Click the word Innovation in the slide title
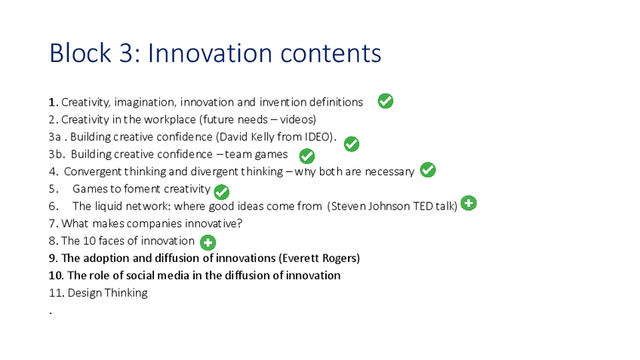pos(210,53)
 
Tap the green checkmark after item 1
pos(386,101)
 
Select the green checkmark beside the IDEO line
pos(352,143)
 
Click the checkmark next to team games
pos(307,155)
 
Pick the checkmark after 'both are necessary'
pos(428,170)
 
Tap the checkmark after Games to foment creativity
pos(222,192)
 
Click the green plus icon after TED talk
pos(469,203)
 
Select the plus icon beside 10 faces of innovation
pos(208,242)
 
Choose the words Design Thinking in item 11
pos(108,293)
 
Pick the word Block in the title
pos(80,53)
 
